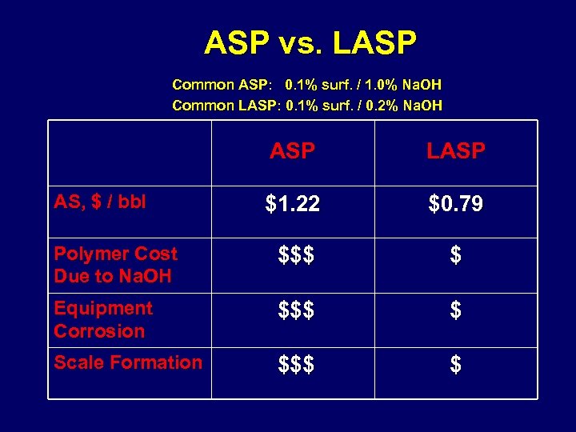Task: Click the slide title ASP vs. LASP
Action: tap(310, 42)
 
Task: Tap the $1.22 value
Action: tap(293, 205)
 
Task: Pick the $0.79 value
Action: tap(455, 205)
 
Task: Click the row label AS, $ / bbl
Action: tap(100, 202)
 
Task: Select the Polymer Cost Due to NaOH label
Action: tap(115, 265)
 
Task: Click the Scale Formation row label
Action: tap(128, 362)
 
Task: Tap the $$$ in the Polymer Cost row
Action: tap(295, 256)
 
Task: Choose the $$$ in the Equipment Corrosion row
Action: tap(295, 310)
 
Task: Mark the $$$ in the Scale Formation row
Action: tap(295, 366)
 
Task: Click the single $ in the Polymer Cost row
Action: tap(455, 256)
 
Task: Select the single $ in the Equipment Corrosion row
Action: tap(455, 310)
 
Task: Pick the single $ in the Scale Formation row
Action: tap(455, 366)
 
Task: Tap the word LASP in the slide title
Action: tap(374, 42)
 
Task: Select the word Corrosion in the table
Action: tap(99, 331)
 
